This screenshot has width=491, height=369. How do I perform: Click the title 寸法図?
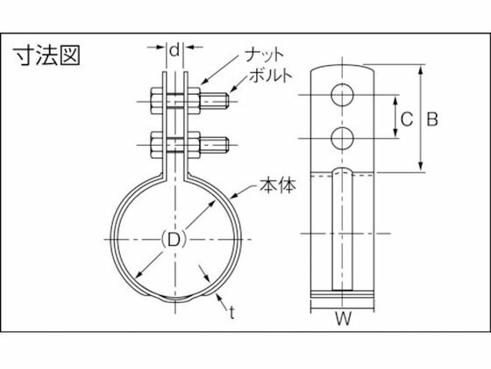[x=46, y=56]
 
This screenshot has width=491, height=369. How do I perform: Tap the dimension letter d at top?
[x=175, y=50]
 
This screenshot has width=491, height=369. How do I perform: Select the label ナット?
[x=264, y=54]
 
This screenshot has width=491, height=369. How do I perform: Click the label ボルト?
[x=271, y=76]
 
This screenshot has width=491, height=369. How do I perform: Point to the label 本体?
[x=278, y=185]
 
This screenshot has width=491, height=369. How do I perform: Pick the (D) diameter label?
[x=174, y=240]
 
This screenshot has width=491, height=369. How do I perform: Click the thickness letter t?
[x=231, y=313]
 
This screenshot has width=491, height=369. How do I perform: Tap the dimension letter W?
[x=343, y=319]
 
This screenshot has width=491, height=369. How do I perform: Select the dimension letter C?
[x=407, y=119]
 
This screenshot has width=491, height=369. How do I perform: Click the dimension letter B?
[x=432, y=119]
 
